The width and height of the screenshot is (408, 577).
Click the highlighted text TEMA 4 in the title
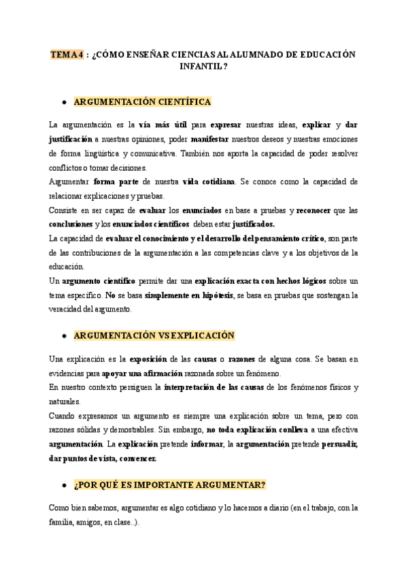(x=67, y=54)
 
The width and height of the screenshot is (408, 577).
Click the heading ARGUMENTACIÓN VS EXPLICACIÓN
(x=153, y=335)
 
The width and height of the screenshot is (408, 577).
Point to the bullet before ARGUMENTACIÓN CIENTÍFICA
(x=63, y=102)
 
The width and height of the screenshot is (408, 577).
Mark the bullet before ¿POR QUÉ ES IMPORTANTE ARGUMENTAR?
(x=63, y=484)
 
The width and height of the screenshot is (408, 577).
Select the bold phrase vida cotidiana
(x=206, y=182)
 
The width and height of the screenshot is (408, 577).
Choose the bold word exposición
(x=150, y=359)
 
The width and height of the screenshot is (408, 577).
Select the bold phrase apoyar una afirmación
(x=143, y=374)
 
